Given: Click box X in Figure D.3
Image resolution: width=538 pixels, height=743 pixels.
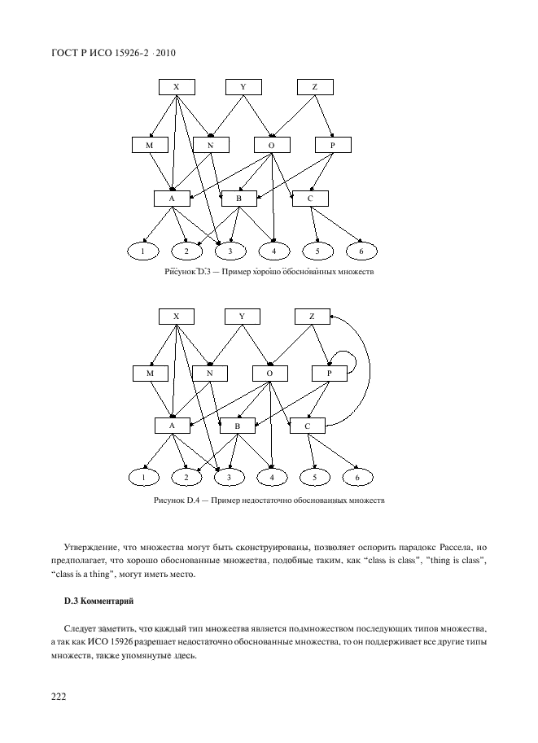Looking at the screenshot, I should tap(177, 87).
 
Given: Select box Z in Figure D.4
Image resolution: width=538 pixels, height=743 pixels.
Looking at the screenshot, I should tap(312, 316).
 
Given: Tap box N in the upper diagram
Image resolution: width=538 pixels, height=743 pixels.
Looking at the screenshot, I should tap(210, 145).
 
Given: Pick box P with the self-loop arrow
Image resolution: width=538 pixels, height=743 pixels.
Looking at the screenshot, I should tap(330, 373).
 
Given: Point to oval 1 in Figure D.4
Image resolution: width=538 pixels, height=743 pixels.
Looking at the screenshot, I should tap(144, 477).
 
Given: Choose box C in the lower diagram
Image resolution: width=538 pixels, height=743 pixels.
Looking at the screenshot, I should tap(308, 426).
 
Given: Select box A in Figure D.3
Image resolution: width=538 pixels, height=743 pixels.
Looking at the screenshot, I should tap(172, 198).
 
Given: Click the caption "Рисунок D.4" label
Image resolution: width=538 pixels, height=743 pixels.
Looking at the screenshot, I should tap(176, 500).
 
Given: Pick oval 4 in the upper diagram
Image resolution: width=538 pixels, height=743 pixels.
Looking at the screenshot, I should tap(274, 251).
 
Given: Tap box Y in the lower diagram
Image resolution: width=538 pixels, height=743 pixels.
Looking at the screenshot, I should tap(243, 316).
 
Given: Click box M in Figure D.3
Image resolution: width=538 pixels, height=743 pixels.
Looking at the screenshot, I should tap(149, 145).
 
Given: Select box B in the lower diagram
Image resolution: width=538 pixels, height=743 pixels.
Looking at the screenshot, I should tap(238, 426).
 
